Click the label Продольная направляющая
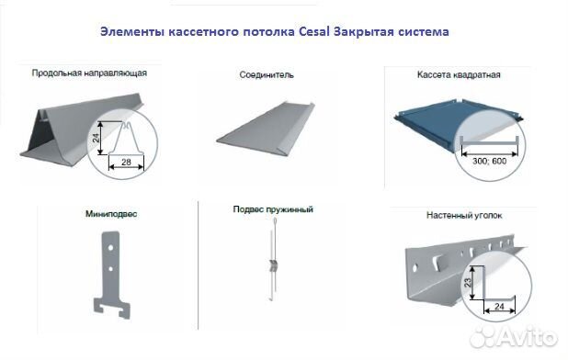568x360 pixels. (89, 72)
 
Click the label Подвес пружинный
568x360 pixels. (273, 209)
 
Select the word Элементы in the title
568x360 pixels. (131, 32)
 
